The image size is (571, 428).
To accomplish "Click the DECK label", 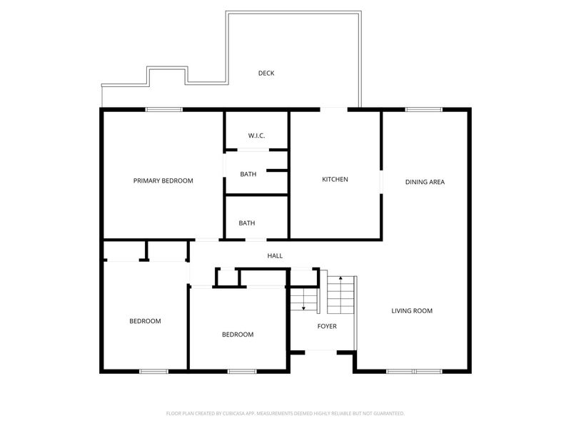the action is coord(266,73).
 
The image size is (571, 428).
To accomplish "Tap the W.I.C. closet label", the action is coord(256,136).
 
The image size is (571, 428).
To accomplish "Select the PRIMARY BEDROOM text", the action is coord(163,181).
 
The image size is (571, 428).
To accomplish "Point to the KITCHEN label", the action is coord(335,180).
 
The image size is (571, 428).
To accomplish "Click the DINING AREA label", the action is coord(425,182).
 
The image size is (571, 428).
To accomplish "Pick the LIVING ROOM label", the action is coord(412,311).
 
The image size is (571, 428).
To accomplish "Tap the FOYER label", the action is coord(327,327).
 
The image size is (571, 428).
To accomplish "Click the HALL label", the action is coord(275,256).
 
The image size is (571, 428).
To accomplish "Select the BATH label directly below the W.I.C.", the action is coord(248,174).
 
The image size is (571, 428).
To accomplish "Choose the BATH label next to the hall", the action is coord(247,223).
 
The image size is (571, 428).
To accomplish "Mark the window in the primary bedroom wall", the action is coord(164,110).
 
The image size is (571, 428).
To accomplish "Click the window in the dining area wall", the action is coord(424,110).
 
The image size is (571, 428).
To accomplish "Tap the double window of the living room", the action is coord(415,372).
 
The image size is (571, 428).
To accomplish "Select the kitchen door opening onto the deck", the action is coord(334,110).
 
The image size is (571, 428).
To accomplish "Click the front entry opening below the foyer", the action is coord(320,352).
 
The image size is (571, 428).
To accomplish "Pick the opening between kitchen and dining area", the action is coord(381,182).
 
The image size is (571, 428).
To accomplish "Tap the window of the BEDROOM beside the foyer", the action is coord(242,372).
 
